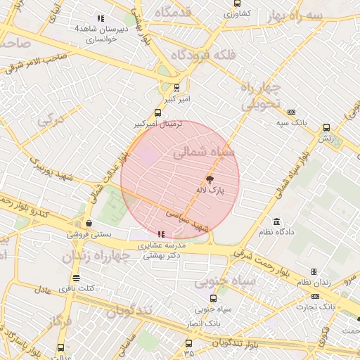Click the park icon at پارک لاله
[210, 179]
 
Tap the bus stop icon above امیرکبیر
[176, 89]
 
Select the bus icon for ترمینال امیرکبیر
[157, 112]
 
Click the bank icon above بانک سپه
[292, 112]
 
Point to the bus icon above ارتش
[326, 128]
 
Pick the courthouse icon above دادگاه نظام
[276, 221]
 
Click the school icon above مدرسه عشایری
[162, 234]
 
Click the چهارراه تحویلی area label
[262, 96]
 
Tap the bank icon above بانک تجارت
[314, 296]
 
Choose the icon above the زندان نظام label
[314, 271]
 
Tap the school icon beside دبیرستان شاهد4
[101, 18]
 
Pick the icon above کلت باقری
[77, 278]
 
